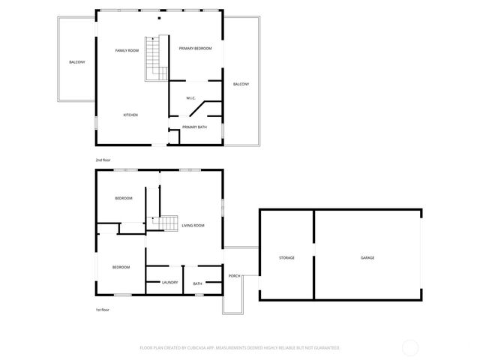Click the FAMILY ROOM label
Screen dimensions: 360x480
126,50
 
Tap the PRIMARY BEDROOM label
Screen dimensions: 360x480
195,48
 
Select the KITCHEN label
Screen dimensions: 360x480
130,115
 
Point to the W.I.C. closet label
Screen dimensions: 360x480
191,98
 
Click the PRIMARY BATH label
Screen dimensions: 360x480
194,127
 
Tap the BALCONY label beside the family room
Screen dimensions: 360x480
76,61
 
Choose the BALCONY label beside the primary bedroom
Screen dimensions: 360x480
241,83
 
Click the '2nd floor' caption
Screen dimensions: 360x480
103,160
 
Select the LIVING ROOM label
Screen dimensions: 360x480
193,225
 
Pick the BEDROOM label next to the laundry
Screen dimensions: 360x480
121,267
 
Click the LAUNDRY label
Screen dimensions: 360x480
170,282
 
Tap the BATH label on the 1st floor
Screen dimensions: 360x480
197,283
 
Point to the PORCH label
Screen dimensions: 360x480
234,275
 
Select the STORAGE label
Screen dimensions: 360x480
286,257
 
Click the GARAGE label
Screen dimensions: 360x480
367,257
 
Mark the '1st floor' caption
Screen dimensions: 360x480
102,309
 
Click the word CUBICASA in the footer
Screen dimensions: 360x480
195,348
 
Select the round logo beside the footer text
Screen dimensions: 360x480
410,348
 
